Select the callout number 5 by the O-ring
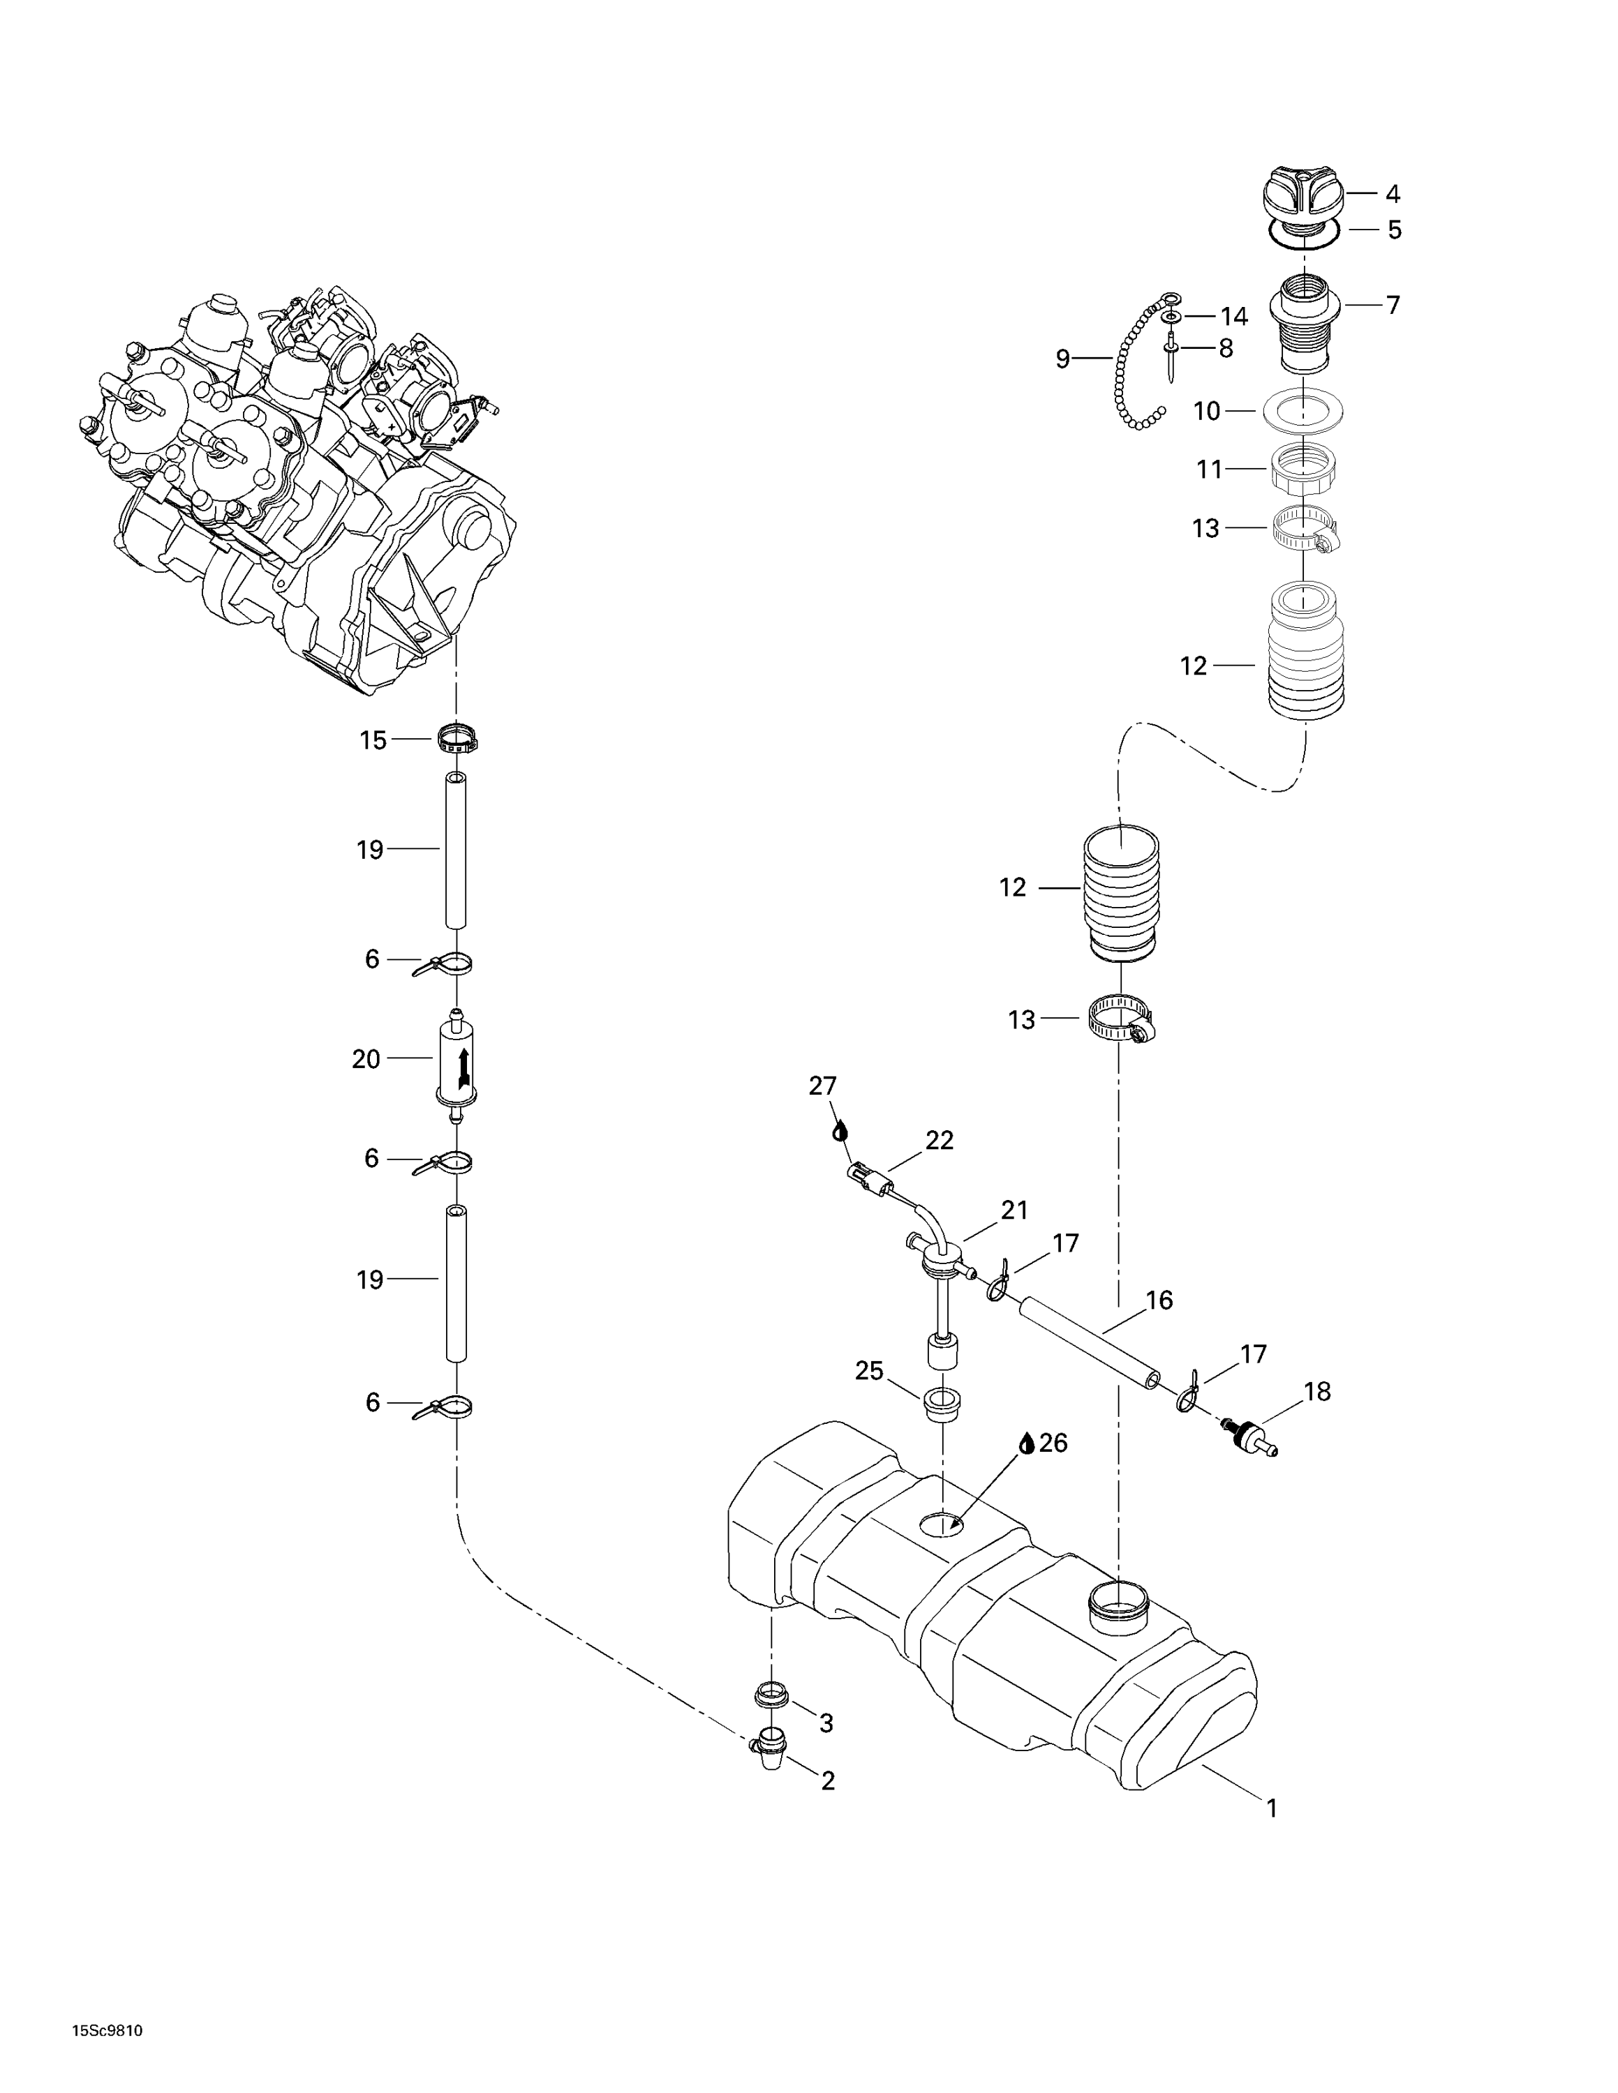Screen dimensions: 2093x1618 tap(1394, 230)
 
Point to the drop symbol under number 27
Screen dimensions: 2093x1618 tap(840, 1132)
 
